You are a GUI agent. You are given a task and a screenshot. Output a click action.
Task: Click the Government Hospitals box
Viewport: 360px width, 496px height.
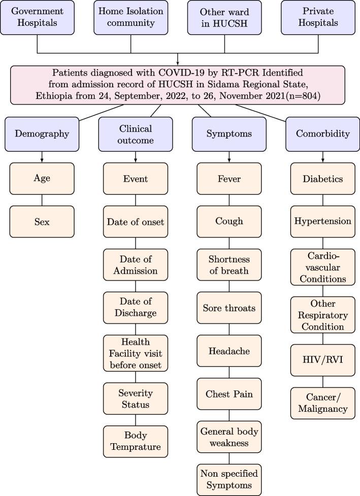point(38,17)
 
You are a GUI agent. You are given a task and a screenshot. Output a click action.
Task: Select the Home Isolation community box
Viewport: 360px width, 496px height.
point(130,17)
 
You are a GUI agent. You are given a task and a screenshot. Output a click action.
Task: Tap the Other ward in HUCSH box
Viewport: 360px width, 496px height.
point(224,17)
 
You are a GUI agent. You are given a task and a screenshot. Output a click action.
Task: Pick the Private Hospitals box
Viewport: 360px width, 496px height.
point(318,17)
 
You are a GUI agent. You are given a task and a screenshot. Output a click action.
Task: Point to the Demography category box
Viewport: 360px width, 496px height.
point(42,134)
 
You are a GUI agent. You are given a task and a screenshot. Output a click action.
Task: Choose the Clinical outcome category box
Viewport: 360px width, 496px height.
point(135,134)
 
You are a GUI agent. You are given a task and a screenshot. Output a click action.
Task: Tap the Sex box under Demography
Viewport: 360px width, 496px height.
point(42,221)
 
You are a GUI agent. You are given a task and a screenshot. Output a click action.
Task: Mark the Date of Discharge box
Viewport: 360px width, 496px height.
point(135,308)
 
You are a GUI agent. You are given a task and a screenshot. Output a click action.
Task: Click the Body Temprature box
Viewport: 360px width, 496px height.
point(135,441)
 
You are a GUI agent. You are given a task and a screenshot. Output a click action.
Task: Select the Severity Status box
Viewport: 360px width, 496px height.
point(135,398)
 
